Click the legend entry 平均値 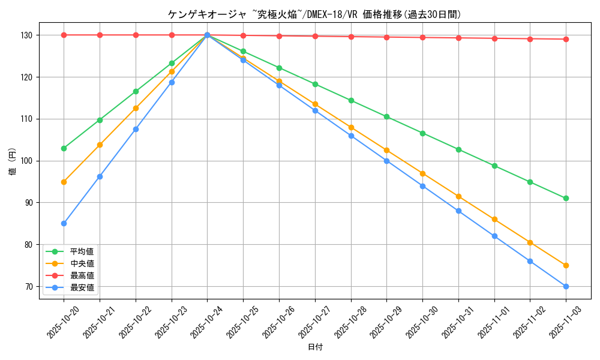pos(82,251)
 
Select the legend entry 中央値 pos(82,263)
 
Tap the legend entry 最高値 pos(82,275)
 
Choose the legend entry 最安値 pos(82,287)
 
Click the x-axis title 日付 pos(315,347)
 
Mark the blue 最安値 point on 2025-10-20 pos(64,223)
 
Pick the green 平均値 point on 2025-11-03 pos(566,198)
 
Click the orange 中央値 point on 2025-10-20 pos(64,182)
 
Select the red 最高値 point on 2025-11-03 pos(566,39)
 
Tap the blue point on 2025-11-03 pos(566,286)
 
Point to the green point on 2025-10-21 pos(100,120)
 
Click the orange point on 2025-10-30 pos(422,173)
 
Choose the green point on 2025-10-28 pos(351,100)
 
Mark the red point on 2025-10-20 pos(64,35)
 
